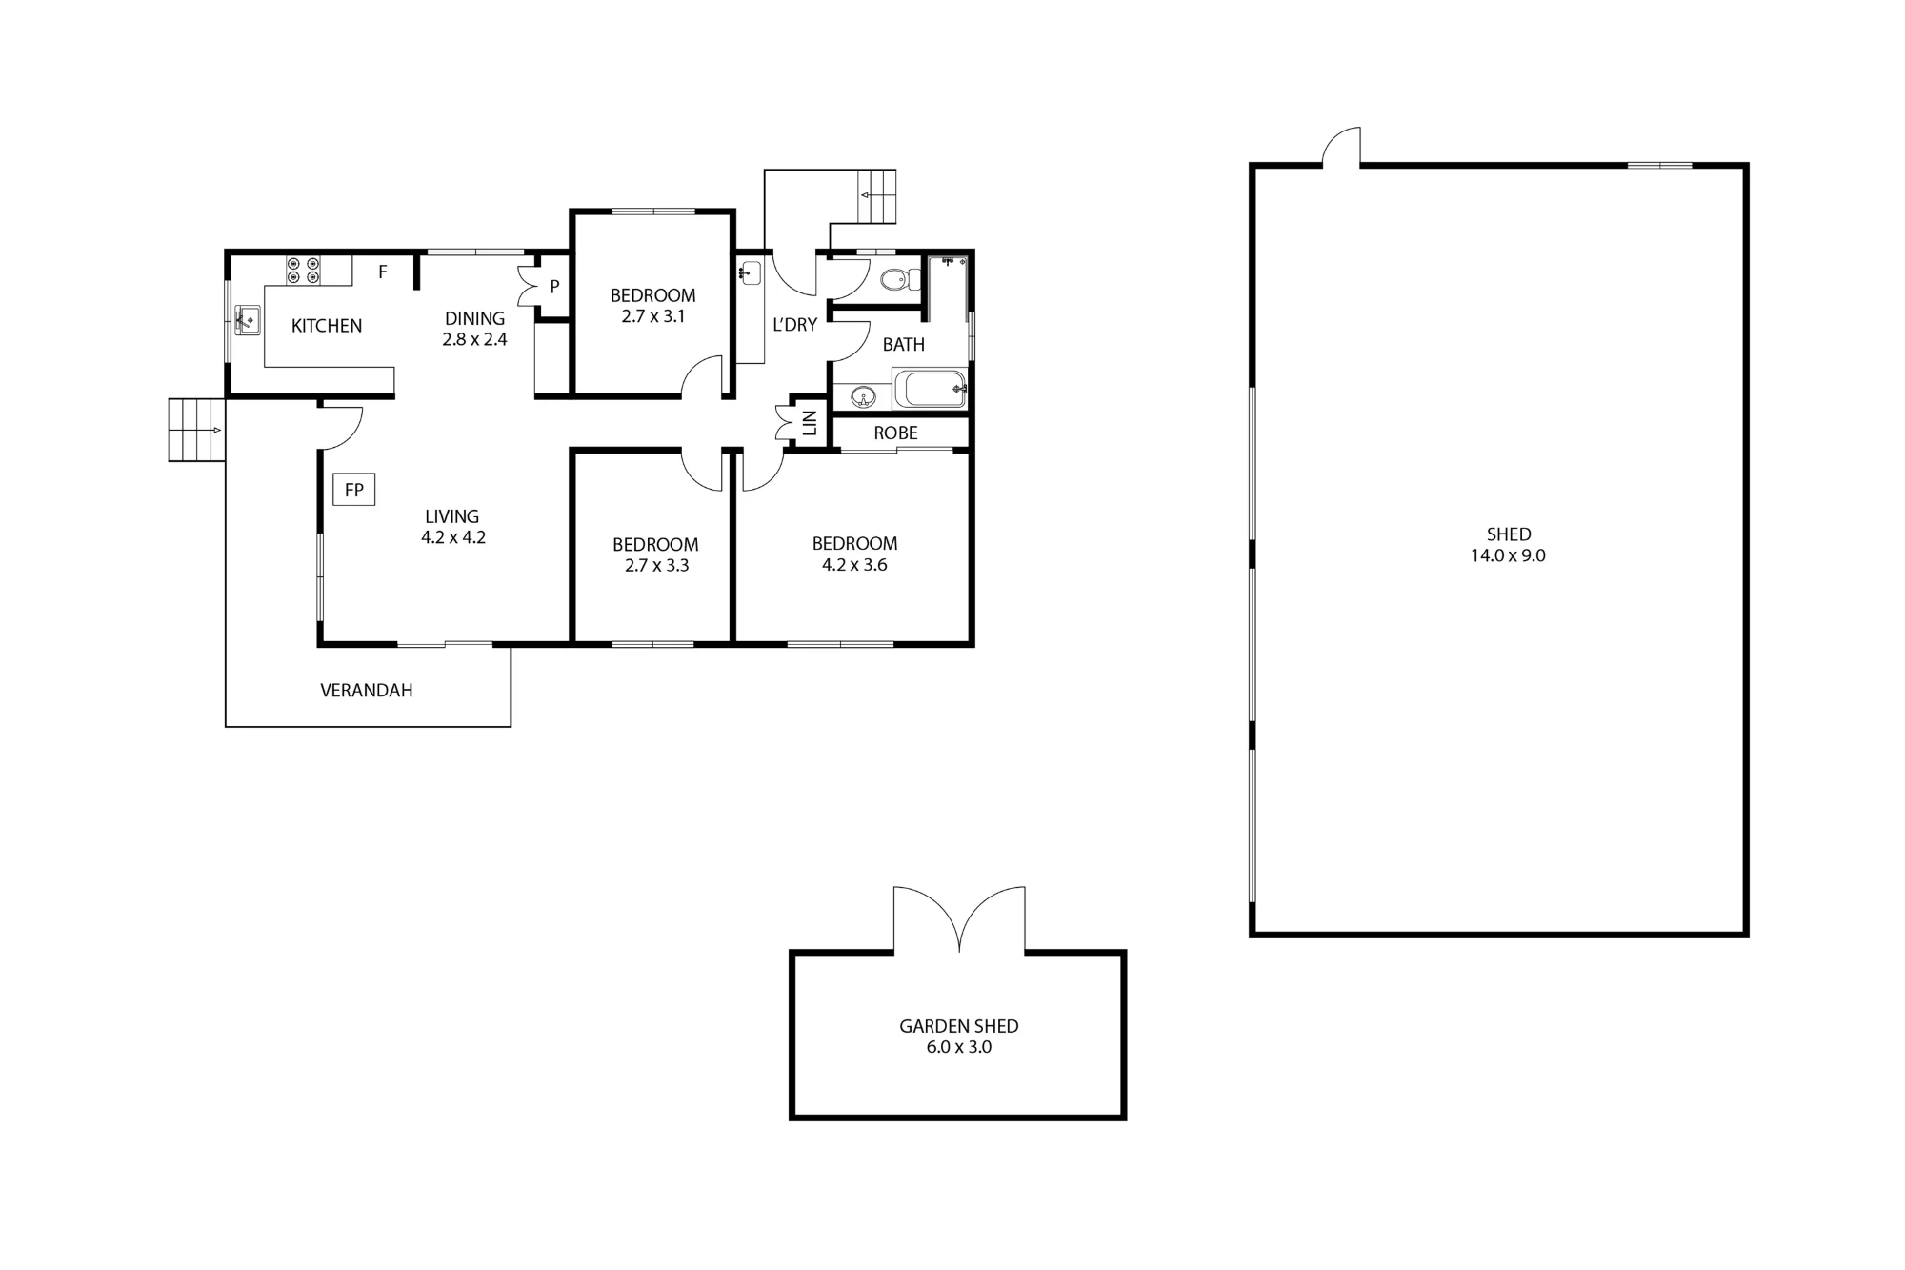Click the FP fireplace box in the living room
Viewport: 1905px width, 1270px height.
pos(353,490)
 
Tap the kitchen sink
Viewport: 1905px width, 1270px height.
pos(248,320)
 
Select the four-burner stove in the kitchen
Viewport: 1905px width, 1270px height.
pos(304,270)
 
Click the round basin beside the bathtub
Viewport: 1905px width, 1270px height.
pos(863,396)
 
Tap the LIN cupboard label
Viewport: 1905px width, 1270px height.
pos(811,422)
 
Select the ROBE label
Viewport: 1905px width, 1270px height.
pos(895,433)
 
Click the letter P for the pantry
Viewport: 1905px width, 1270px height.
pos(554,286)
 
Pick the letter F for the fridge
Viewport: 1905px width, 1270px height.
pos(383,272)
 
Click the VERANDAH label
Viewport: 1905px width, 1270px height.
pos(367,691)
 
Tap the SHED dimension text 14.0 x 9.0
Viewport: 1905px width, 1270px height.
pos(1508,555)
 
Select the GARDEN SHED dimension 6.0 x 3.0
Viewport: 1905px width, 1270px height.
pos(958,1047)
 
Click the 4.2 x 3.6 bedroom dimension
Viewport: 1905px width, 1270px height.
pos(854,565)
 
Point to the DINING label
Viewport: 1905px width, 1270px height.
pos(474,318)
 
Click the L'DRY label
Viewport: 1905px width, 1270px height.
pos(794,325)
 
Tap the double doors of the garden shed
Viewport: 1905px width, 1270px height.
pos(959,920)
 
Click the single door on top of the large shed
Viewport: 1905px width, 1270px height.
pos(1342,147)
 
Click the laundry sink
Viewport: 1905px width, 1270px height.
pos(751,272)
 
